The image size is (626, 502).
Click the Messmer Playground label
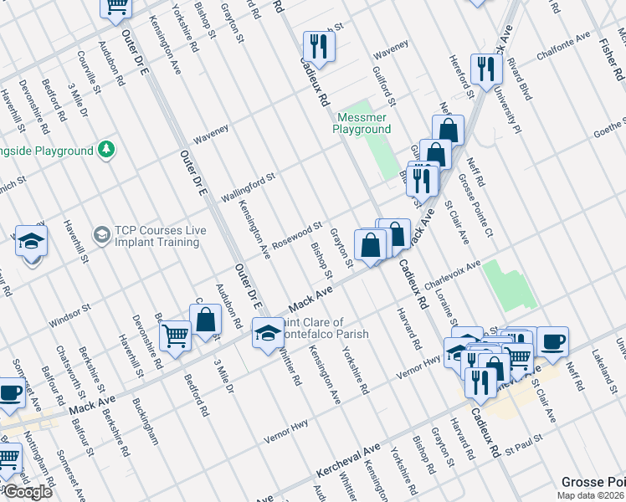[x=362, y=124]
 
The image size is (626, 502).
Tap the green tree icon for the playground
[x=105, y=150]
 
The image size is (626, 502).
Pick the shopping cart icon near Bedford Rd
[x=176, y=336]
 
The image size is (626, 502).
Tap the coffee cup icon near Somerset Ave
[x=11, y=392]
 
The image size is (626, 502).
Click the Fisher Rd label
[x=605, y=59]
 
